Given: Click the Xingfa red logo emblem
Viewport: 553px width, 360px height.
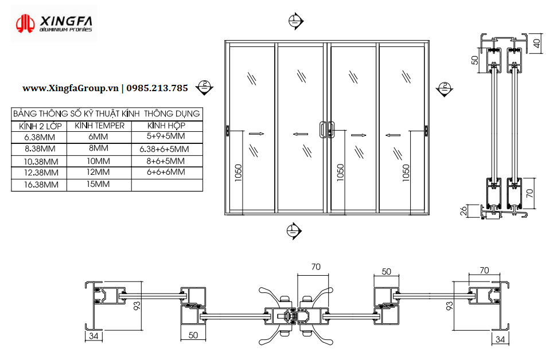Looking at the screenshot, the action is click(x=25, y=24).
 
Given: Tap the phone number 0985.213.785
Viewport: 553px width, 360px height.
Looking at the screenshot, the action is click(x=157, y=88).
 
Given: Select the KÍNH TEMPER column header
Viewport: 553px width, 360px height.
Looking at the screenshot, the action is click(x=99, y=126).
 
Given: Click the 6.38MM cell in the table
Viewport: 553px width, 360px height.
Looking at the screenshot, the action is click(x=40, y=137).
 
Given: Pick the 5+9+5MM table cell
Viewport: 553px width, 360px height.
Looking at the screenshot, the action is click(x=166, y=136).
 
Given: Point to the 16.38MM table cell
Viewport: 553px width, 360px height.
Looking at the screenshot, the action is click(x=41, y=185).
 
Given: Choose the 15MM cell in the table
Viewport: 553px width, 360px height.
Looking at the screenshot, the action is click(x=98, y=183).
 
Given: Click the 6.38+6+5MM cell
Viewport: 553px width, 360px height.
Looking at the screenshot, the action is click(x=164, y=149).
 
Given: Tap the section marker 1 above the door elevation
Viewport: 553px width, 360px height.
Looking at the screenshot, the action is click(x=295, y=21).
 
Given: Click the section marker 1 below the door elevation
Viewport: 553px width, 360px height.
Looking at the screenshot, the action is click(x=294, y=231).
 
